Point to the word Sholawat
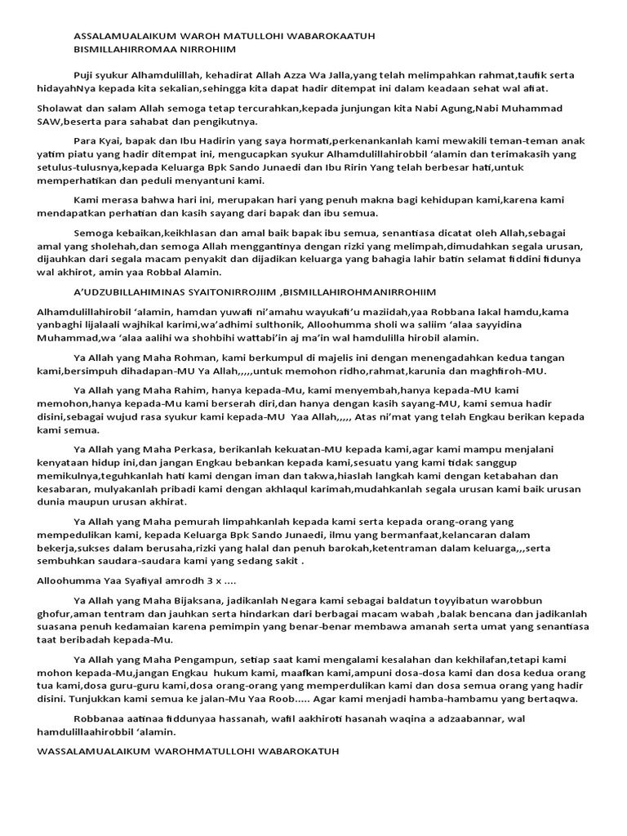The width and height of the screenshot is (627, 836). click(x=61, y=109)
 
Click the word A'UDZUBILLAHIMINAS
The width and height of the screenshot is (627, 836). click(x=133, y=292)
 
